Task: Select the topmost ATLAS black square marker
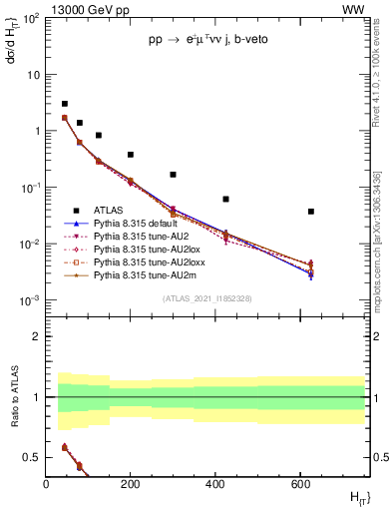65,104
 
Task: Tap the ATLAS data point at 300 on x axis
173,175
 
